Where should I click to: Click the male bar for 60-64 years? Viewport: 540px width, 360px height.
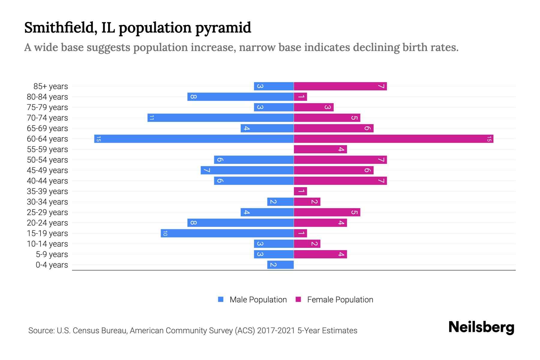tap(194, 139)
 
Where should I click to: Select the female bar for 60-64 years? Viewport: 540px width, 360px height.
tap(393, 139)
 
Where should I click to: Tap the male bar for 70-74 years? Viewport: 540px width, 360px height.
tap(220, 118)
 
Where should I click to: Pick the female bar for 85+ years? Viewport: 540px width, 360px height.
tap(340, 86)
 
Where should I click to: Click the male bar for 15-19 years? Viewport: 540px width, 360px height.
tap(227, 233)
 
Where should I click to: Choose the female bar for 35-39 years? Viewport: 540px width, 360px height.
tap(300, 191)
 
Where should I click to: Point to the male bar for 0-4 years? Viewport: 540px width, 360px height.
tap(280, 265)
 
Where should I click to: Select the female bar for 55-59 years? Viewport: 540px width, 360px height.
tap(320, 149)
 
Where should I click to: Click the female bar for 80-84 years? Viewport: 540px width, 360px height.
tap(300, 97)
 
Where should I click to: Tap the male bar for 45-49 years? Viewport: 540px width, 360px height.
tap(247, 170)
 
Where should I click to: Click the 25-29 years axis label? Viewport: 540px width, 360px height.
tap(47, 212)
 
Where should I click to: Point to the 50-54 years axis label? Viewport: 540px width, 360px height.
tap(47, 160)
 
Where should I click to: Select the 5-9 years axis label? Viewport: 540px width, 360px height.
tap(52, 254)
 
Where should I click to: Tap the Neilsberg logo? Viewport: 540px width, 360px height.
tap(481, 327)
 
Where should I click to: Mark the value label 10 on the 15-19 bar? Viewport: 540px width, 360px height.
tap(165, 233)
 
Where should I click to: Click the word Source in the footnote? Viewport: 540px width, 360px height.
tap(41, 331)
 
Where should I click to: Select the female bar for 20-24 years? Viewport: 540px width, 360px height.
tap(320, 223)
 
